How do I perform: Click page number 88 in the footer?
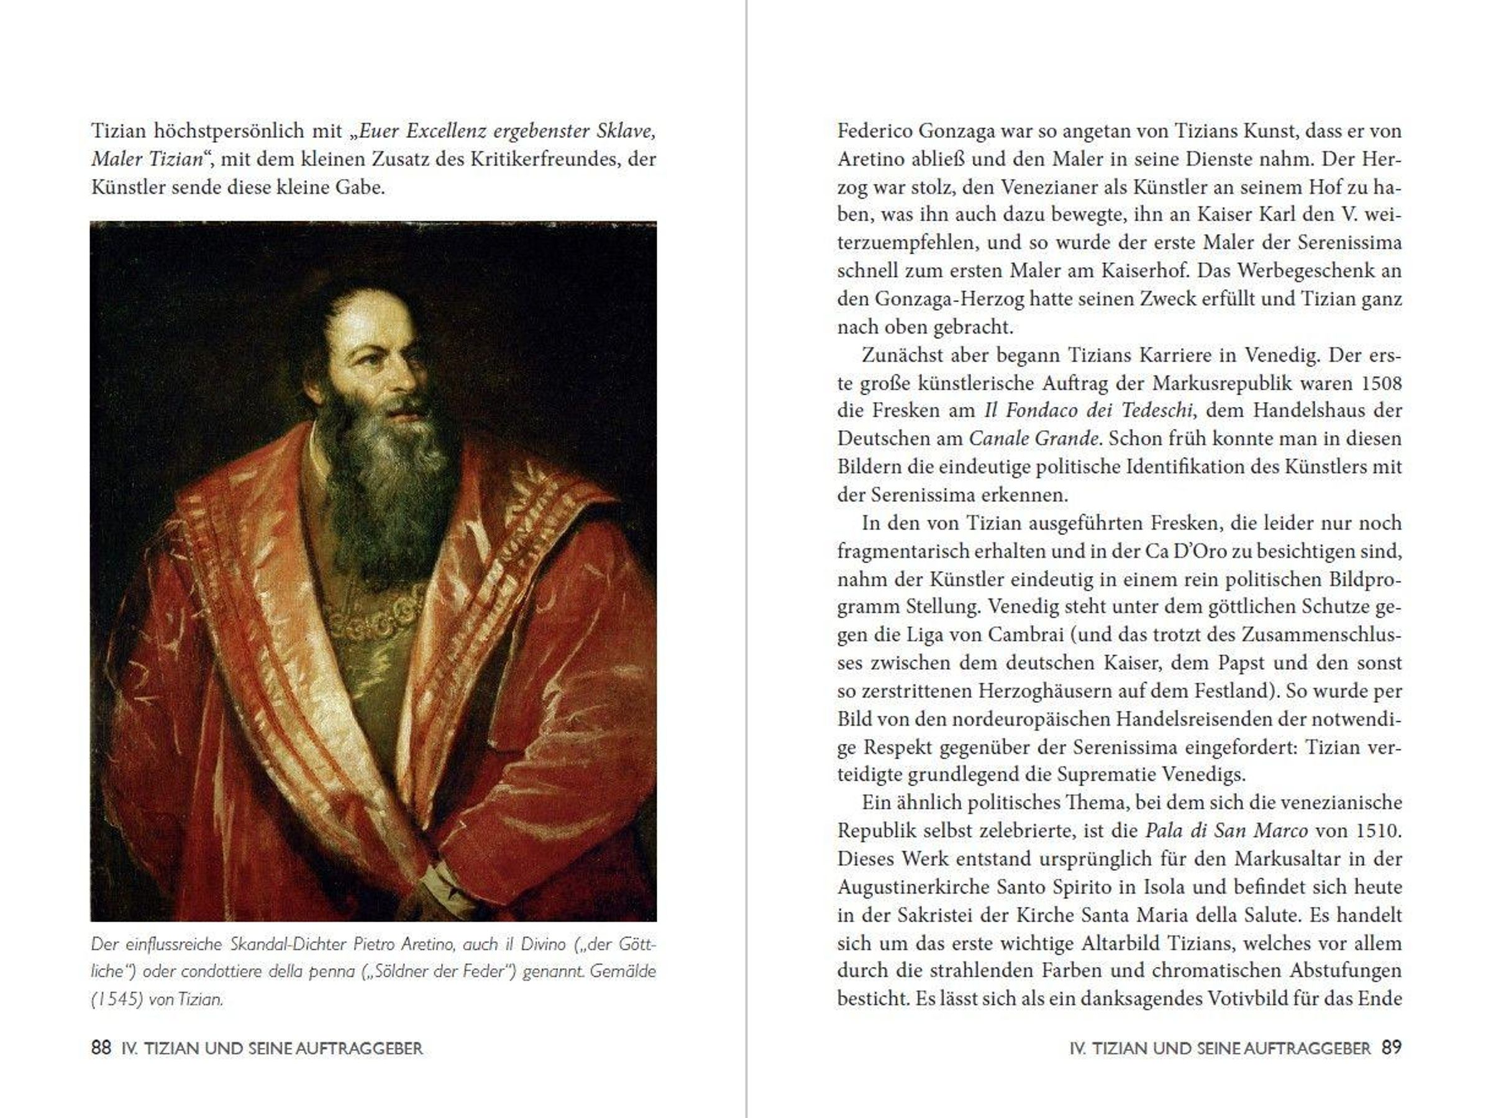point(101,1048)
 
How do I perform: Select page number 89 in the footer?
point(1391,1048)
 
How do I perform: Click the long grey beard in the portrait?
point(391,485)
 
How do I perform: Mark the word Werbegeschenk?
point(1307,271)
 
